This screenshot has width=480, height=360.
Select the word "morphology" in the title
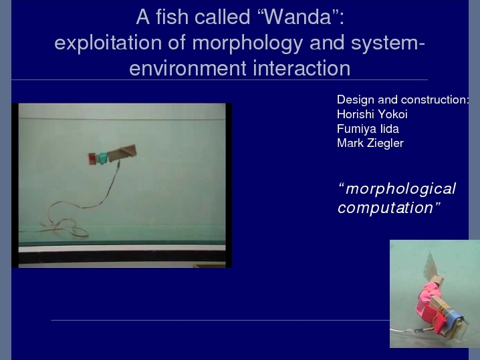(x=247, y=43)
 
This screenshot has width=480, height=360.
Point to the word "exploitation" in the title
(x=108, y=43)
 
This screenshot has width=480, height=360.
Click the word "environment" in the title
(x=188, y=68)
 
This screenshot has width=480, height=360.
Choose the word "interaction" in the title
(x=302, y=68)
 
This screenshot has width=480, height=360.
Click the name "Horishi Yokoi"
(x=372, y=114)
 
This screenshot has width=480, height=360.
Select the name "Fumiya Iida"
(x=368, y=129)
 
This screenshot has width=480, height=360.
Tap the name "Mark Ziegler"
(x=370, y=143)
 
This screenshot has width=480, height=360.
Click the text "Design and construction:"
(x=403, y=100)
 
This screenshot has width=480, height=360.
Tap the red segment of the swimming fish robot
(x=92, y=159)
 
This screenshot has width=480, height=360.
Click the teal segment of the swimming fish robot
(x=102, y=158)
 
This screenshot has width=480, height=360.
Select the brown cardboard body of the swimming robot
(x=122, y=153)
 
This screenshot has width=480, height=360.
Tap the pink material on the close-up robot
(x=428, y=295)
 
